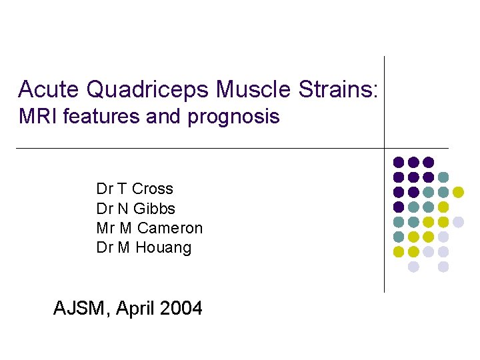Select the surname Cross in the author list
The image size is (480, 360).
pos(153,189)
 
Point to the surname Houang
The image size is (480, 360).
pos(163,248)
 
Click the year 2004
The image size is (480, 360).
pos(180,308)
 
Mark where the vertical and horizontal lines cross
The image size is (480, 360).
pos(385,147)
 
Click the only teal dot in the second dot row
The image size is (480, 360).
pos(443,177)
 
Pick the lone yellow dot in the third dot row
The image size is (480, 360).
pos(458,192)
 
